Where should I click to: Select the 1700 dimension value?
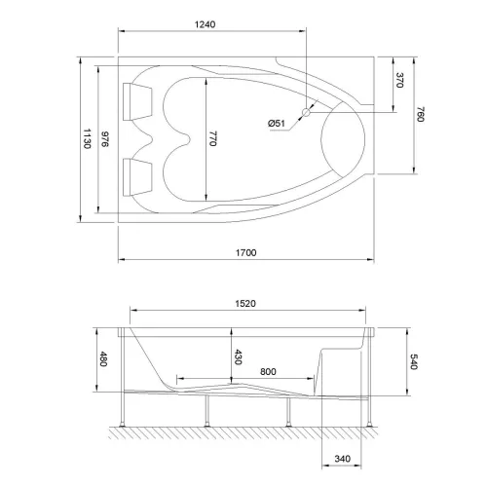[x=245, y=253]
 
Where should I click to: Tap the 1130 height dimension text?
[x=87, y=139]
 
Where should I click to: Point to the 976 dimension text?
[x=106, y=139]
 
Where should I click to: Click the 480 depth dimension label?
[x=104, y=359]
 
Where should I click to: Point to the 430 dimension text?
[x=238, y=357]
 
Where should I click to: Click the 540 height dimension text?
[x=414, y=362]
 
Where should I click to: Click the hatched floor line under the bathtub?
[x=243, y=437]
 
